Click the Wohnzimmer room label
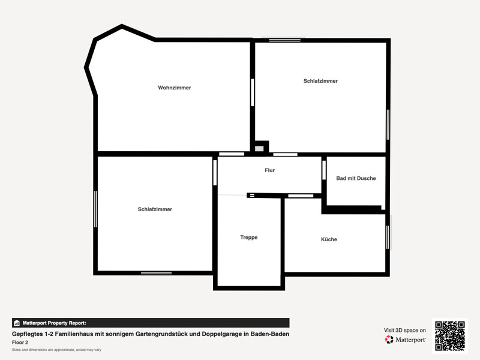(x=175, y=88)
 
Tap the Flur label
(x=269, y=170)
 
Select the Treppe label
(x=249, y=238)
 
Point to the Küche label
(x=329, y=239)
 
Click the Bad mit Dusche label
(x=356, y=178)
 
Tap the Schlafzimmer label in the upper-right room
(x=320, y=81)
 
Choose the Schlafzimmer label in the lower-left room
(x=155, y=209)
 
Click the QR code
(x=450, y=336)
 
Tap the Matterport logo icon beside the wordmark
(x=389, y=340)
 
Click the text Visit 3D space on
(x=404, y=331)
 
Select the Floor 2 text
(x=20, y=343)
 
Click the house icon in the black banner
(x=17, y=323)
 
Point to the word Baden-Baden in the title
(x=270, y=334)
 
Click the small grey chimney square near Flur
(x=259, y=149)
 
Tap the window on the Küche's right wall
(x=388, y=237)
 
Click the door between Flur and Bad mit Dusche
(x=324, y=170)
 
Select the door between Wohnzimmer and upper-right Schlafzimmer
(x=253, y=92)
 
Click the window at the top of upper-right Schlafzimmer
(x=284, y=40)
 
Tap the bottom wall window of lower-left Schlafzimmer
(x=156, y=273)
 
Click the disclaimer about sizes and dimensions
(x=56, y=350)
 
